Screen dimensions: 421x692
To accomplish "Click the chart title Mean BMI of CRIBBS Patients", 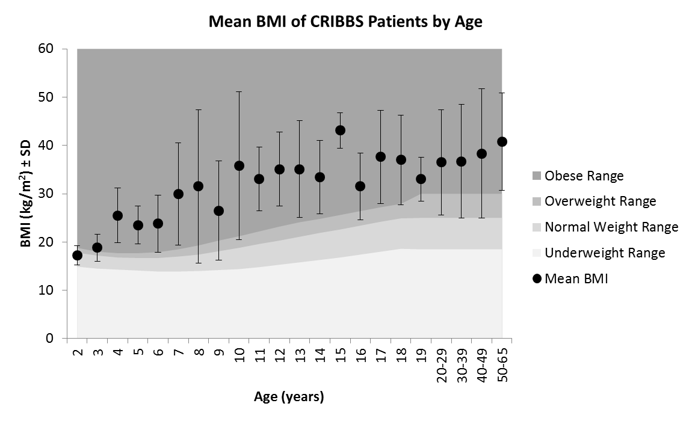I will pos(345,22).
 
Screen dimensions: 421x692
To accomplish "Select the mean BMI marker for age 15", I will pos(340,130).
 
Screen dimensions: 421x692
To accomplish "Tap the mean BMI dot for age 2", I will pos(77,255).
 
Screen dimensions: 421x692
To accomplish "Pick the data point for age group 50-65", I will pos(502,141).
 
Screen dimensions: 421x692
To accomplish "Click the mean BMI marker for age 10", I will pos(239,165).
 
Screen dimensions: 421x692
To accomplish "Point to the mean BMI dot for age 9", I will pos(218,210).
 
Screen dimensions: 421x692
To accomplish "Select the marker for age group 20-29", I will pos(441,162).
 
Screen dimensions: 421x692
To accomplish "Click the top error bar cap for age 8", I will pos(199,109).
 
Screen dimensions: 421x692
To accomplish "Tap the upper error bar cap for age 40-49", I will pos(481,88).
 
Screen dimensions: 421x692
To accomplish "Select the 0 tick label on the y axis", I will pos(64,339).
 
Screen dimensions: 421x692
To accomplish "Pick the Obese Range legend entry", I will pos(583,176).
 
